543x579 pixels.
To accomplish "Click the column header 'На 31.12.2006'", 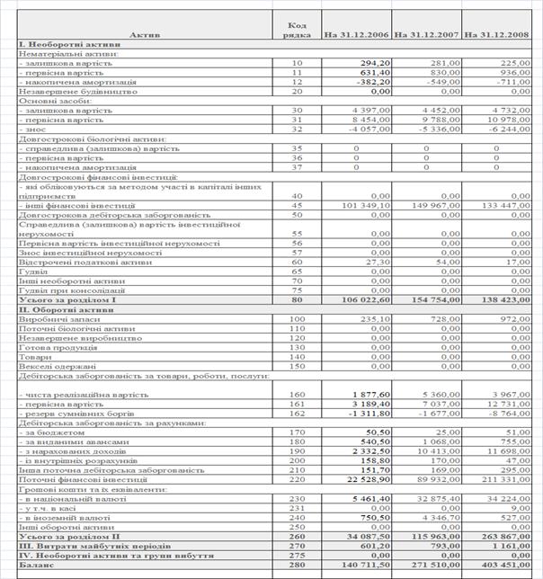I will coord(356,34).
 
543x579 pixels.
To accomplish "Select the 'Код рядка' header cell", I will coord(298,30).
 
